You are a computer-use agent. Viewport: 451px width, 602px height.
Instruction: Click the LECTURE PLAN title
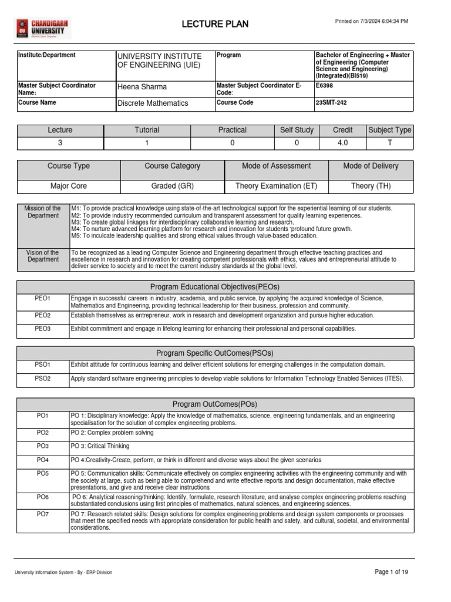tap(216, 24)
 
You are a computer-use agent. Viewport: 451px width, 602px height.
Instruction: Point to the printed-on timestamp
tap(371, 21)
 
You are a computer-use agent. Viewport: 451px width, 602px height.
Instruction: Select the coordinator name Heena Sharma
tap(142, 87)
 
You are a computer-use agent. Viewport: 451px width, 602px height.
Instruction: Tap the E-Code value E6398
tap(325, 85)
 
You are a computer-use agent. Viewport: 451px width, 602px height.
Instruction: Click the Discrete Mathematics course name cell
tap(153, 103)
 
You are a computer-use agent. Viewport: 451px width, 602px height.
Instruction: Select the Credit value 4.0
tap(342, 143)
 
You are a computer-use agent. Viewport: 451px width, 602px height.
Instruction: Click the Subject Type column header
tap(389, 130)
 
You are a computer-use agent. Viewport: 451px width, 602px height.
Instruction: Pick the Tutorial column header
tap(147, 130)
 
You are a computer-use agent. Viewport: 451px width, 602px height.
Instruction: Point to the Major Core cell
tap(69, 186)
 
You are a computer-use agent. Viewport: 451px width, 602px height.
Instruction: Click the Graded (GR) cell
tap(172, 186)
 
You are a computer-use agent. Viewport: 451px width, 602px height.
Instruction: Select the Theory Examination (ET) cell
tap(276, 186)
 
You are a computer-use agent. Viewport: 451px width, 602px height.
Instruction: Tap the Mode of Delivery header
tap(371, 166)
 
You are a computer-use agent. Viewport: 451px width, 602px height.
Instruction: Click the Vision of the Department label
tap(43, 256)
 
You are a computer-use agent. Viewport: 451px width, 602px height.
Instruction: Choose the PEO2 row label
tap(43, 316)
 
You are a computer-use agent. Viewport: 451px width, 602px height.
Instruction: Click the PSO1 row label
tap(43, 365)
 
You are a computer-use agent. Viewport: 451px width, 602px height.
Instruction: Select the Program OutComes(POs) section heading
tap(215, 404)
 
